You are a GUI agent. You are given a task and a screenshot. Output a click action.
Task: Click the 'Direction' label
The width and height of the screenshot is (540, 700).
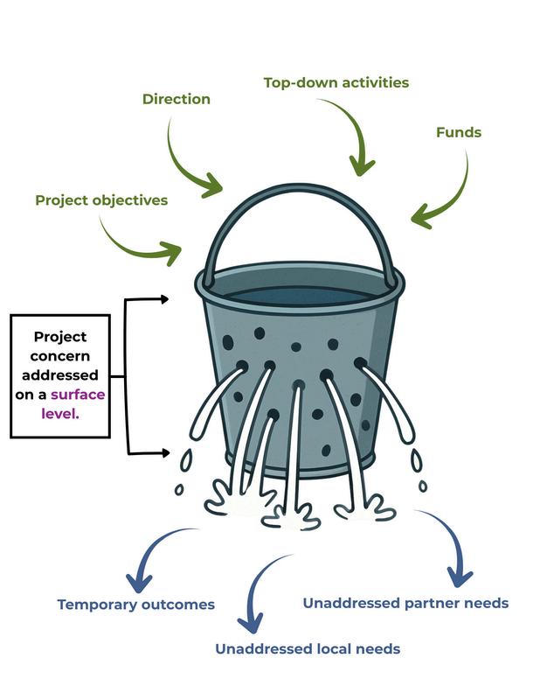[x=177, y=100]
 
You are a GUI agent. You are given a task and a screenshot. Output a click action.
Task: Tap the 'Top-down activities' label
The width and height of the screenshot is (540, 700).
[x=336, y=83]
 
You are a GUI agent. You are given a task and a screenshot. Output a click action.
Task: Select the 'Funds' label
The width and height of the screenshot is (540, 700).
[x=459, y=133]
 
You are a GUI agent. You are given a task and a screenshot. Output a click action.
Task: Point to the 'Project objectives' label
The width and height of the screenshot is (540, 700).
[x=101, y=200]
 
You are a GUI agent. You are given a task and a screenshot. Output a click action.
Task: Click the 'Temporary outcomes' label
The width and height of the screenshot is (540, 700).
[x=136, y=605]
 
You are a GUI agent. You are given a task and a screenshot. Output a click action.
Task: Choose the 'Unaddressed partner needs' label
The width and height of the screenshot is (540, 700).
[x=405, y=603]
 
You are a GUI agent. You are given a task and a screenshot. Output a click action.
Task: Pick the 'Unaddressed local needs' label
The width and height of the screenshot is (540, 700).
[x=308, y=648]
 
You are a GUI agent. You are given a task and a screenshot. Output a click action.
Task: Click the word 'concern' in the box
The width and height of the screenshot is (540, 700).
[x=60, y=356]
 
